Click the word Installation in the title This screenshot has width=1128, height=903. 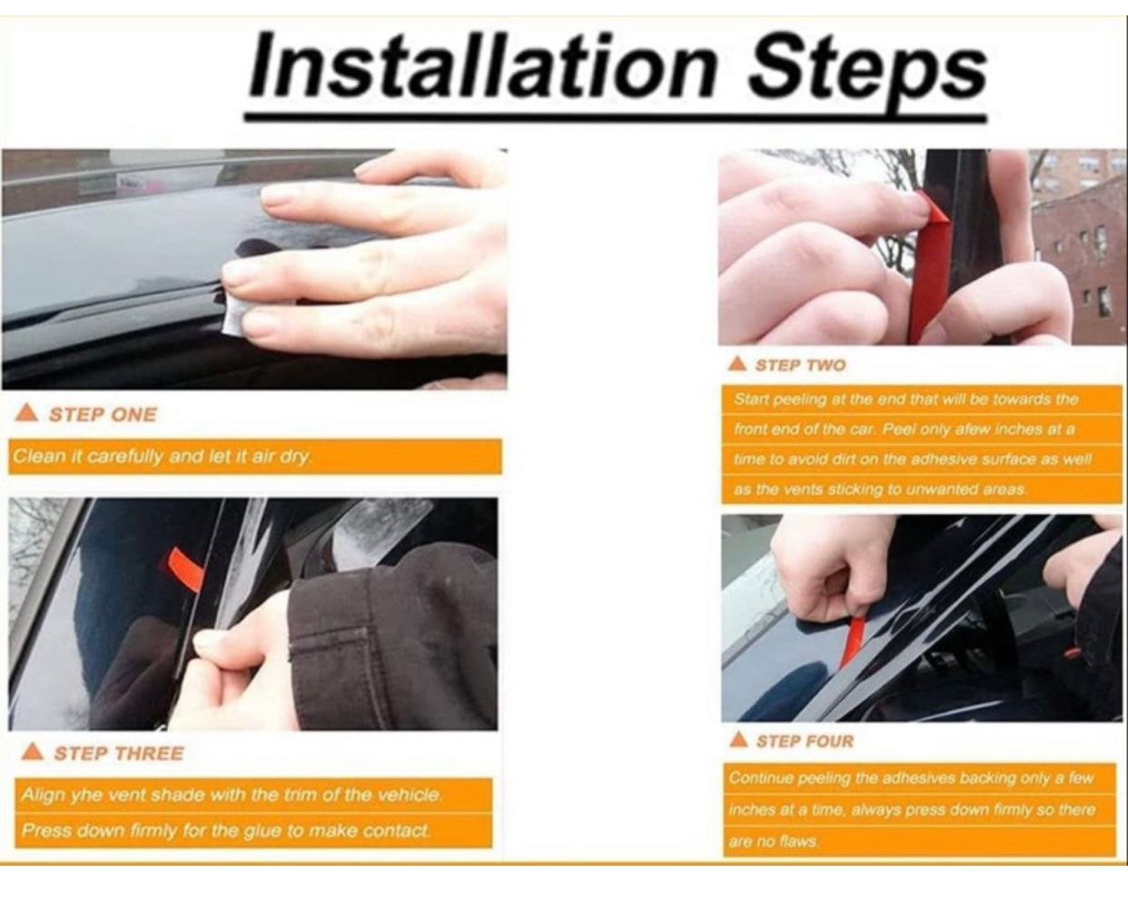[x=483, y=65]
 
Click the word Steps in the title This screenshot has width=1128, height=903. [x=869, y=70]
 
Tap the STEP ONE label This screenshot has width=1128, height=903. [x=103, y=415]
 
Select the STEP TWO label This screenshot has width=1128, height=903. [x=800, y=365]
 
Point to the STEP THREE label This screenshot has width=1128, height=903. [x=119, y=753]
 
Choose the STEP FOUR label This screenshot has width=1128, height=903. [x=805, y=741]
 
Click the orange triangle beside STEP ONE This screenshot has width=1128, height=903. [x=26, y=413]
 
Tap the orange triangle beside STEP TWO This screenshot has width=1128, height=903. [x=738, y=363]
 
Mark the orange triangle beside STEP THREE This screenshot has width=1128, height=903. [x=33, y=751]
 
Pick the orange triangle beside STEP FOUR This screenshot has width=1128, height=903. [x=739, y=739]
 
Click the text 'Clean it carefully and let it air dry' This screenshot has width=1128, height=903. [x=162, y=457]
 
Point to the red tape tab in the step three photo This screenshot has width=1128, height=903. [x=184, y=571]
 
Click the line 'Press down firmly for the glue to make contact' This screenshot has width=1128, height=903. [x=226, y=830]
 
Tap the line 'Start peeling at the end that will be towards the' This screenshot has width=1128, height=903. [x=905, y=400]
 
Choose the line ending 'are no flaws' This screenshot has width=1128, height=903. [x=774, y=841]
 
